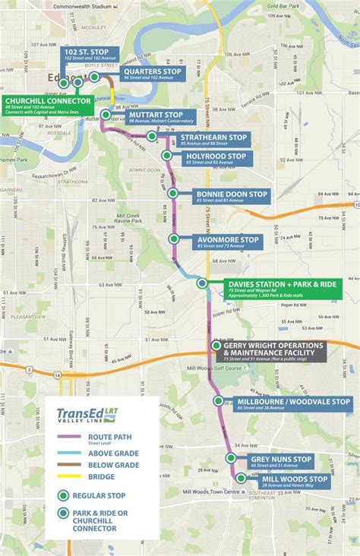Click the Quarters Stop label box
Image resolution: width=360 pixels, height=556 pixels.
pyautogui.click(x=153, y=74)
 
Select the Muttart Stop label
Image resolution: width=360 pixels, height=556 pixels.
pyautogui.click(x=161, y=118)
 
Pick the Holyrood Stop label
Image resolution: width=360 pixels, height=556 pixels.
pyautogui.click(x=216, y=158)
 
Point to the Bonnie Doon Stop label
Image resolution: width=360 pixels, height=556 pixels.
pyautogui.click(x=231, y=196)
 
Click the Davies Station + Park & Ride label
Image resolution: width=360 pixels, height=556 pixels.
pyautogui.click(x=281, y=289)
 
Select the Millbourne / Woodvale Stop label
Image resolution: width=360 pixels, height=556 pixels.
pyautogui.click(x=293, y=404)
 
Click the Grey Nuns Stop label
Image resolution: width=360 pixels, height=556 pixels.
pyautogui.click(x=281, y=461)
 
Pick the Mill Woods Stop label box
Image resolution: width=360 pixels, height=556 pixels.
pyautogui.click(x=295, y=481)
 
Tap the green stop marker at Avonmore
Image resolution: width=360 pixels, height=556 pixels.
pyautogui.click(x=174, y=239)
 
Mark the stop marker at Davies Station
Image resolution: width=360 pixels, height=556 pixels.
pyautogui.click(x=202, y=283)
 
